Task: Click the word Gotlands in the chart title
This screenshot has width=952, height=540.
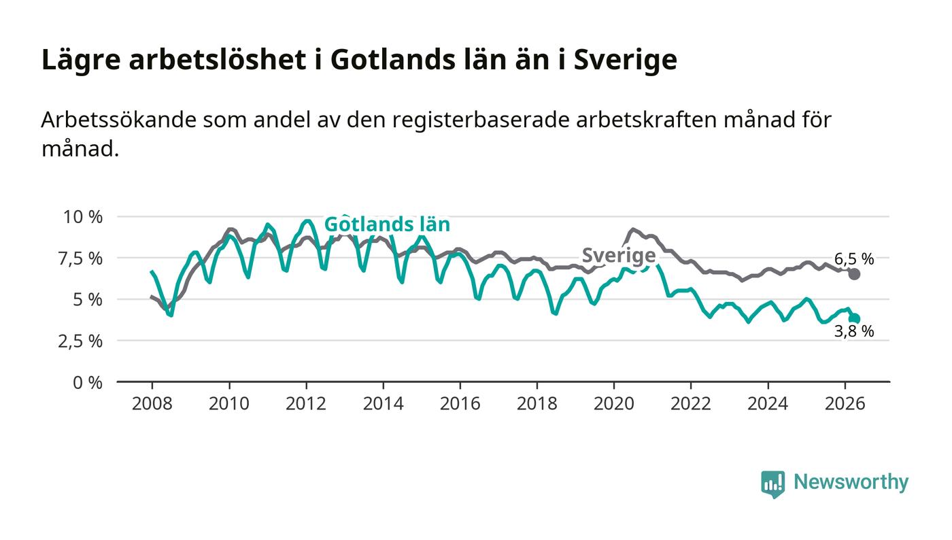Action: (393, 60)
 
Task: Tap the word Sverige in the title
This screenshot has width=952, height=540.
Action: (625, 61)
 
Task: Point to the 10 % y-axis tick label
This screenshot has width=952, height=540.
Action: (83, 217)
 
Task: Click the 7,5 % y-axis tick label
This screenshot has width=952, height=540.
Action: (80, 258)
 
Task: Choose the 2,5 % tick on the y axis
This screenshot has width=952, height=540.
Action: (80, 341)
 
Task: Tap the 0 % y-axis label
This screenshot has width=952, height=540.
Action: (88, 383)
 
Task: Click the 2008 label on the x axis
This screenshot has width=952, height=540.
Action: (152, 403)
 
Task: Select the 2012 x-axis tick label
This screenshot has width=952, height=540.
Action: (306, 403)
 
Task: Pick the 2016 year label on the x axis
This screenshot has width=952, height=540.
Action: (460, 403)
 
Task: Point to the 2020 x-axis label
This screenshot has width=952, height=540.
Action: (613, 403)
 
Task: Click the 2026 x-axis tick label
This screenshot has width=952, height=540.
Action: (845, 403)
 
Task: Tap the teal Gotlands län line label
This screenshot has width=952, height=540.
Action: (387, 224)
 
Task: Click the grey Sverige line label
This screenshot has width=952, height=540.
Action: (619, 256)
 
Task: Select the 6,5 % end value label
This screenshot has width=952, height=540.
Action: (854, 258)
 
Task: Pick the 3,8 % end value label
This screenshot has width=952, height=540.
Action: (854, 331)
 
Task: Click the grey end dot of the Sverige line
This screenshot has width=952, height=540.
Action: (854, 274)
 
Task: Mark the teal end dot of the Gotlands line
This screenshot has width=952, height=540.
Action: (854, 319)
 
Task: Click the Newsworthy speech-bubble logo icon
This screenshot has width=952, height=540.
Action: (772, 484)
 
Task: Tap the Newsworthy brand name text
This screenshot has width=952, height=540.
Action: (851, 482)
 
